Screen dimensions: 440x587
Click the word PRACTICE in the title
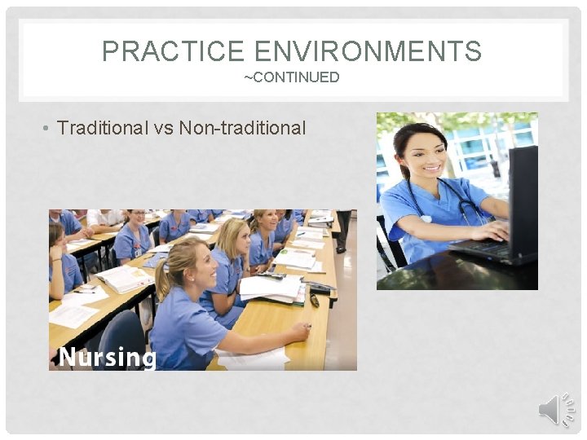point(174,52)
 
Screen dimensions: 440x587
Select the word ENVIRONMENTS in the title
point(368,52)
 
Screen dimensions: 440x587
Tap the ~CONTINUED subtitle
point(292,77)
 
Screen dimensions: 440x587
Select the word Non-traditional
point(242,128)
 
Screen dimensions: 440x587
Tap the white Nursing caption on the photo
point(108,357)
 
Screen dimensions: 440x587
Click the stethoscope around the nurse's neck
point(457,204)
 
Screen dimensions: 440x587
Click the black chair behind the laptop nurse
point(388,244)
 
